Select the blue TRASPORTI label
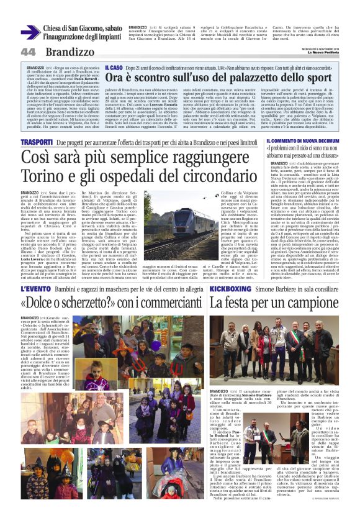point(41,142)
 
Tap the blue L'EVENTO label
point(38,289)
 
